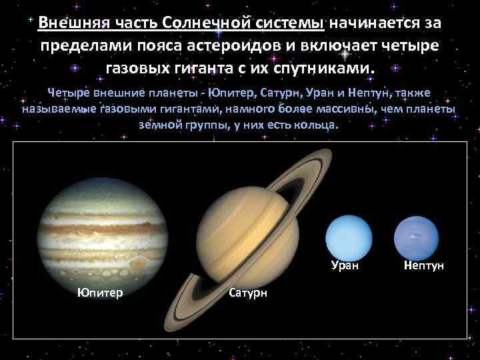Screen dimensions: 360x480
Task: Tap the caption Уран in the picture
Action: [x=345, y=265]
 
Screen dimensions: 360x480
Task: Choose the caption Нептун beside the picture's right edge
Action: [x=424, y=265]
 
